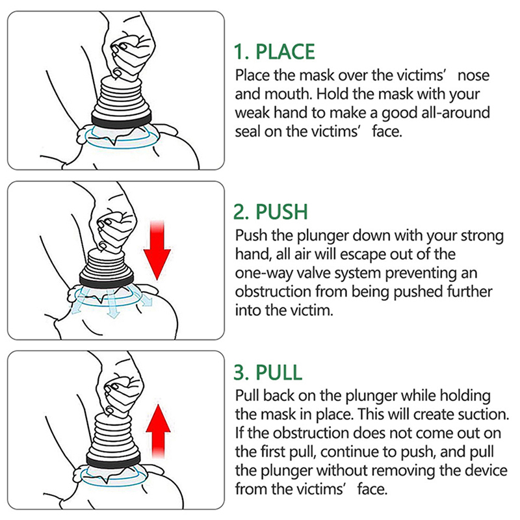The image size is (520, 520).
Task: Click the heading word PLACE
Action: tap(285, 52)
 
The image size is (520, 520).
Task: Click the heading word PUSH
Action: tap(281, 212)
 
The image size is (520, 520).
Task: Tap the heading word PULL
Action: tap(279, 372)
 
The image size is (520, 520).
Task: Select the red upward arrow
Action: tap(158, 431)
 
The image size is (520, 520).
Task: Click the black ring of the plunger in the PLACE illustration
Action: tap(122, 119)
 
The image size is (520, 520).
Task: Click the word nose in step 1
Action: tap(473, 76)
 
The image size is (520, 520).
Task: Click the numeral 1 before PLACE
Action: tap(239, 52)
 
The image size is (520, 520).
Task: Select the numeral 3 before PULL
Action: tap(240, 372)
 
